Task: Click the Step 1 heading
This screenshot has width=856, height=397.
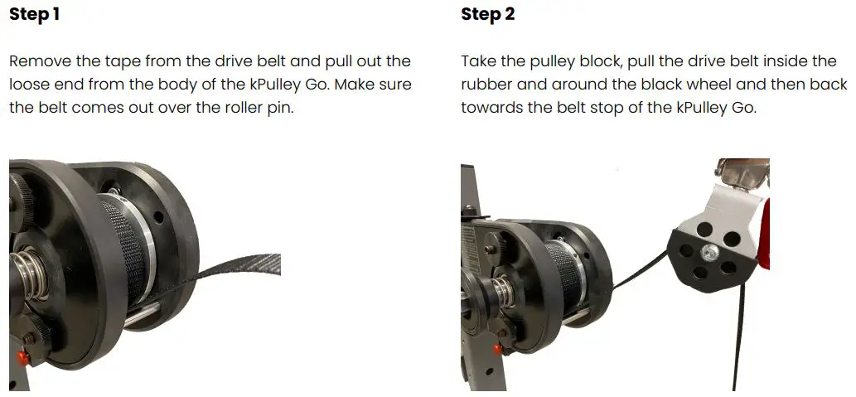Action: tap(34, 14)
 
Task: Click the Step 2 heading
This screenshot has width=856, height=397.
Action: tap(487, 14)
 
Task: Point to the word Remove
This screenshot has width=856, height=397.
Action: tap(37, 61)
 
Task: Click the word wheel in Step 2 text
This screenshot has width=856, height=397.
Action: tap(704, 85)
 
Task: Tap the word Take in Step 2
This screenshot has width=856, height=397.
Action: tap(477, 61)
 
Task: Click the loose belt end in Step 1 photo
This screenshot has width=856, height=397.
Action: tap(249, 267)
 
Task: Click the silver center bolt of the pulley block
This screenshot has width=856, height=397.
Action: tap(711, 251)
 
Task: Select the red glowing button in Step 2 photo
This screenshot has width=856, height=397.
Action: tap(499, 350)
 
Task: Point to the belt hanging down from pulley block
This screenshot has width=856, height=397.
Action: tap(737, 340)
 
